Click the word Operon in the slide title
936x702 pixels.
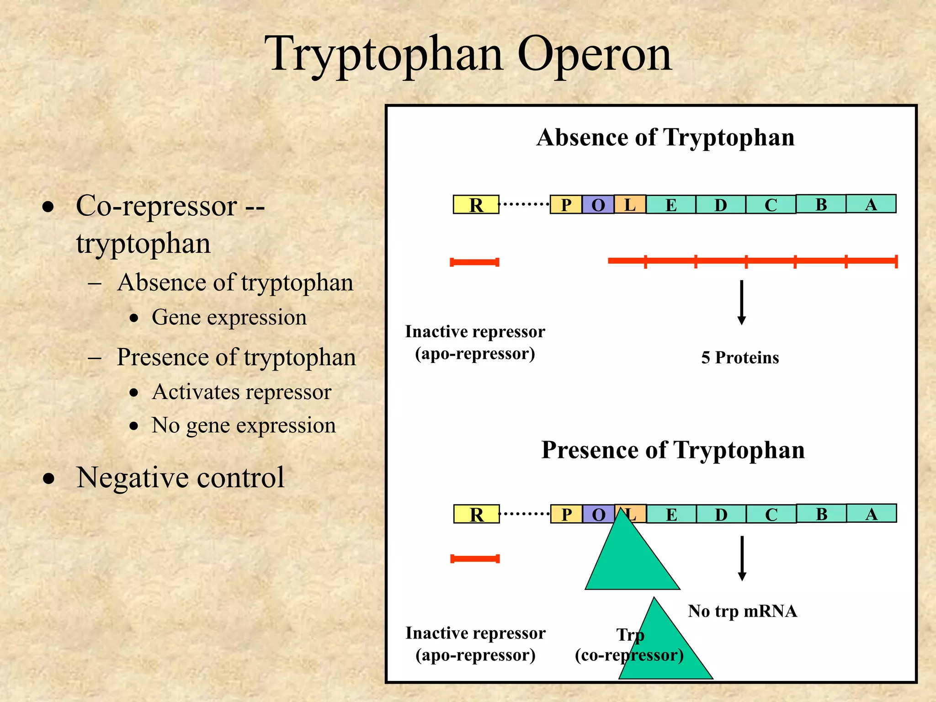point(594,55)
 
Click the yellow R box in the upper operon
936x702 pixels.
point(476,204)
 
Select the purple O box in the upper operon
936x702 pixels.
point(598,204)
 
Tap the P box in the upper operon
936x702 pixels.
point(566,204)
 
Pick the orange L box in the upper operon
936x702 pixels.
point(630,204)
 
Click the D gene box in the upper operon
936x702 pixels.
point(721,204)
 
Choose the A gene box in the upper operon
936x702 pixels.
point(871,203)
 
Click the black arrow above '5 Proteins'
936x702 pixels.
point(742,302)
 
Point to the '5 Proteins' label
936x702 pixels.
point(740,357)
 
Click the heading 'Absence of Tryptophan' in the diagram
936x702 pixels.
point(665,137)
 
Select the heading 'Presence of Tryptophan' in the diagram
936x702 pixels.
point(673,450)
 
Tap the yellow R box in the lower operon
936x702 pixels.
point(476,514)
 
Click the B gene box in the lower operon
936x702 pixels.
point(821,513)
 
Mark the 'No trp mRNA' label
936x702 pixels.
point(742,611)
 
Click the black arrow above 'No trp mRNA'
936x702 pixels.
point(742,558)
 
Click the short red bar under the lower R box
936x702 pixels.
point(475,558)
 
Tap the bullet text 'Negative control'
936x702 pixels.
point(181,478)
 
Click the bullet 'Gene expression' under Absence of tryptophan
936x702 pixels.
point(229,317)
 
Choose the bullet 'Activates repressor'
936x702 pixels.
point(241,392)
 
